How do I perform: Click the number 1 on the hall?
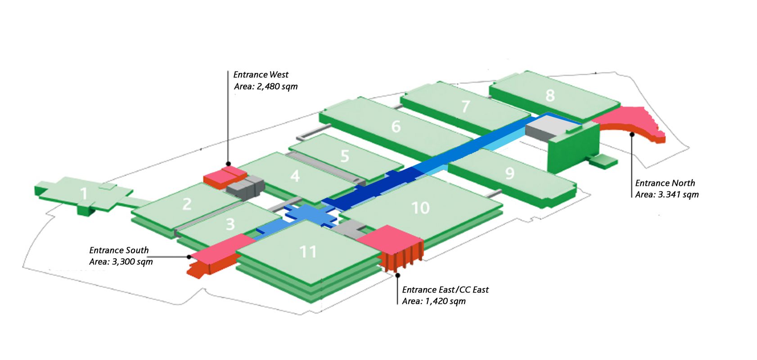coord(84,194)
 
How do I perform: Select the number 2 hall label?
coord(187,204)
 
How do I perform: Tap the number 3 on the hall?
coord(230,224)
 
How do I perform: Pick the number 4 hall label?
coord(295,175)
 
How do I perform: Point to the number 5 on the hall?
coord(345,156)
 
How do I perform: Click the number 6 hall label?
coord(396,127)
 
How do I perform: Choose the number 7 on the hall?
coord(466,107)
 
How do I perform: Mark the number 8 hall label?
coord(550,95)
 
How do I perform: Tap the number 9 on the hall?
coord(509,173)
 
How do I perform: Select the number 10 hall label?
coord(420,208)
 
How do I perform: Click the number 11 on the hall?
coord(308,252)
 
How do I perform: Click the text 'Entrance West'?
coord(261,75)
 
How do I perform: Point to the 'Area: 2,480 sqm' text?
coord(266,86)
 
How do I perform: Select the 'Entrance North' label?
coord(665,183)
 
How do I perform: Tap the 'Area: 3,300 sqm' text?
coord(121,262)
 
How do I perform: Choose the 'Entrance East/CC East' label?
coord(445,290)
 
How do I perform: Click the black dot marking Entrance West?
coord(228,164)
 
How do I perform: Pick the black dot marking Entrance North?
coord(632,134)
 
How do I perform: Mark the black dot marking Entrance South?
coord(189,257)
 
